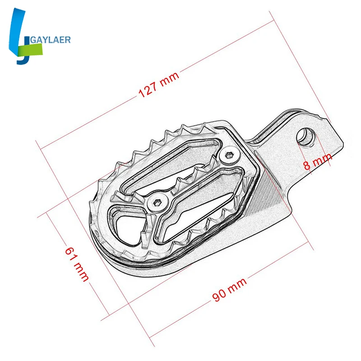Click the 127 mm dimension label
(x=158, y=85)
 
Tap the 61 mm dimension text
(x=77, y=264)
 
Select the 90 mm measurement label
(x=230, y=291)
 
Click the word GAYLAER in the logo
(x=49, y=40)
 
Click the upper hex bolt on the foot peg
(x=229, y=156)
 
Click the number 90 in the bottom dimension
(x=220, y=296)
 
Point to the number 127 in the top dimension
(x=148, y=91)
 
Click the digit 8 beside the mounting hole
(x=307, y=165)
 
